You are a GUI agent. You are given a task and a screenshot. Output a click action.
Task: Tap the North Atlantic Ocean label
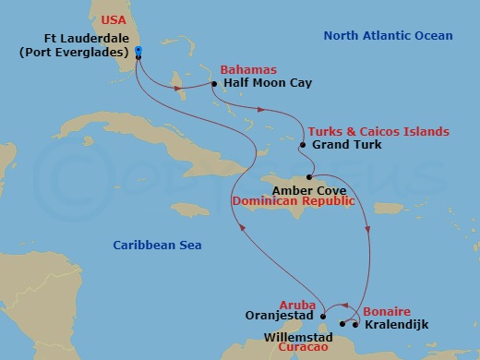click(x=388, y=36)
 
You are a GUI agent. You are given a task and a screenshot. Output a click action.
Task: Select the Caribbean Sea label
click(x=157, y=245)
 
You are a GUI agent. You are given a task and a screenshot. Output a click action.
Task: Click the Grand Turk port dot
click(x=302, y=146)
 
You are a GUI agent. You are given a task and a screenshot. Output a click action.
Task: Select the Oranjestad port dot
click(x=323, y=318)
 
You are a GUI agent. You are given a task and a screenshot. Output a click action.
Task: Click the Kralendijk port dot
click(x=355, y=324)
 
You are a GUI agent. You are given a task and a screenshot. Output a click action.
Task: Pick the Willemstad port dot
click(x=342, y=324)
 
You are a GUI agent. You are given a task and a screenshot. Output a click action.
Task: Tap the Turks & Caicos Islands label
click(x=378, y=132)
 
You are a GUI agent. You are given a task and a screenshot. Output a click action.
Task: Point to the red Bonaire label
click(x=386, y=312)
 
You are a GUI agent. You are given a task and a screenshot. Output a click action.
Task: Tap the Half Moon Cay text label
click(x=268, y=83)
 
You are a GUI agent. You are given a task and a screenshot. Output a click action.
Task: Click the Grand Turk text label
click(x=345, y=146)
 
